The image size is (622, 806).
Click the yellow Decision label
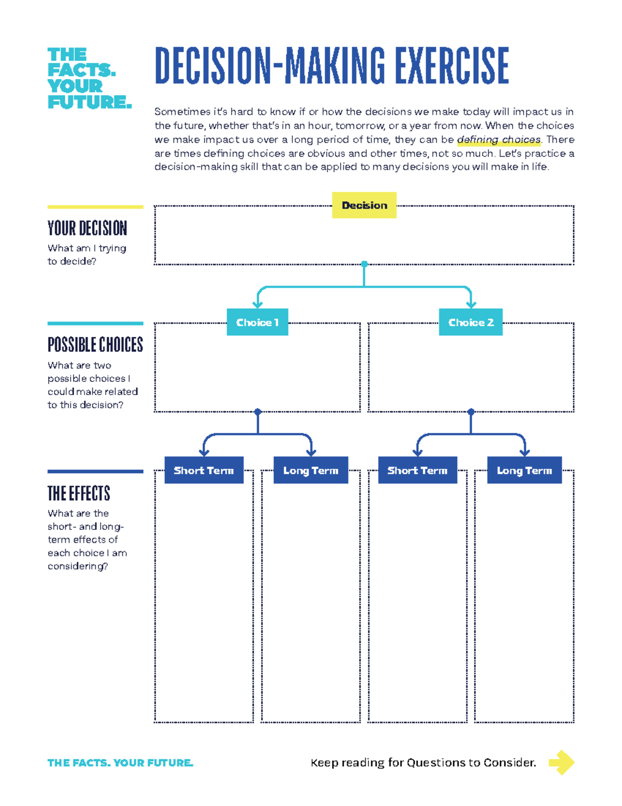click(x=364, y=205)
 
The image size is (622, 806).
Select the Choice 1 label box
click(x=257, y=322)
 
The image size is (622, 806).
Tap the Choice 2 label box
click(x=471, y=322)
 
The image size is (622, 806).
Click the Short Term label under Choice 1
click(x=204, y=470)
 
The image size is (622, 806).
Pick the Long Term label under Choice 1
click(x=310, y=470)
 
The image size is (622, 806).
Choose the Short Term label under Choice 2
click(x=417, y=470)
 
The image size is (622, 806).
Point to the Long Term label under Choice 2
click(x=524, y=470)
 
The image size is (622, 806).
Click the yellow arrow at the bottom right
click(x=561, y=762)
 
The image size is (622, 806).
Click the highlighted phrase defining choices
click(x=499, y=140)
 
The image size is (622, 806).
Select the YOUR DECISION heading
click(x=87, y=228)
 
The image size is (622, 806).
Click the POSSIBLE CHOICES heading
click(x=95, y=345)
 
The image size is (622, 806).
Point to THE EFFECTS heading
click(x=79, y=493)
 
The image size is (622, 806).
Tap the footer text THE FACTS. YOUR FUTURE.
click(x=120, y=762)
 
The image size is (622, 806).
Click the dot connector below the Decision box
click(x=364, y=264)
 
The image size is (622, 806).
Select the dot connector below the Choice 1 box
click(x=258, y=412)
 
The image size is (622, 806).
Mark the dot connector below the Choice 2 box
click(x=471, y=412)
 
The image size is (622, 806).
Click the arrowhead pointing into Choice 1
click(x=257, y=305)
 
